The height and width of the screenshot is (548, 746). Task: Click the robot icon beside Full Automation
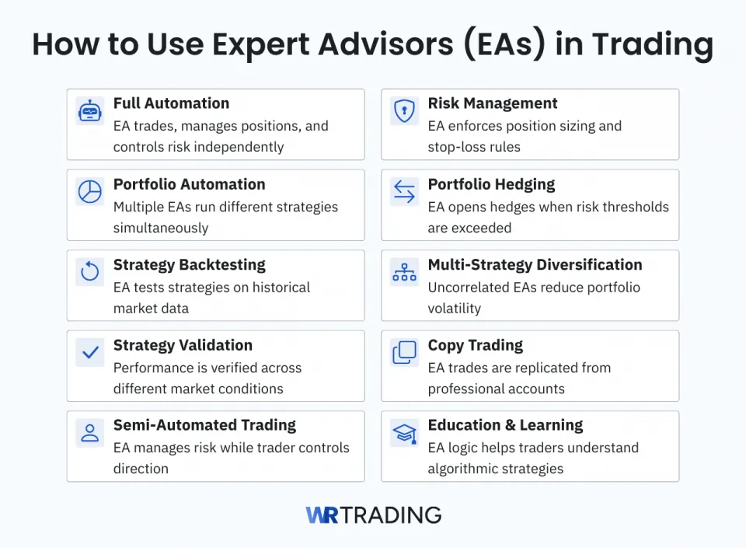point(90,111)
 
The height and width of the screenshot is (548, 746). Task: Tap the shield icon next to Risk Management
point(404,111)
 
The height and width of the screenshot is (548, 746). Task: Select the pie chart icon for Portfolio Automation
point(90,192)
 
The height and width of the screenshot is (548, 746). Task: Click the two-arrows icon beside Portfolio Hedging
point(404,192)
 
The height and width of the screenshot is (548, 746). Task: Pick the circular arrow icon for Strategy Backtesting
point(90,272)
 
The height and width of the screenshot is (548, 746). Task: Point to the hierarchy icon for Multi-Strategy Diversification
point(404,272)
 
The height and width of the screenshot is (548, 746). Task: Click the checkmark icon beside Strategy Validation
point(90,353)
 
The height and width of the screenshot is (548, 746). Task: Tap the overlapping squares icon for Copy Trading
point(404,353)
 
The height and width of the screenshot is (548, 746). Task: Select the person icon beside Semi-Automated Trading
point(90,433)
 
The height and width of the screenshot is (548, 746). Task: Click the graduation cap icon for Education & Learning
point(404,433)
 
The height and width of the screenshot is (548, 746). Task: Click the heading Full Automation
point(171,103)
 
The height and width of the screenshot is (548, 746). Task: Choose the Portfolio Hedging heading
point(491,184)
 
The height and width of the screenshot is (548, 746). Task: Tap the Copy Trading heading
point(475,345)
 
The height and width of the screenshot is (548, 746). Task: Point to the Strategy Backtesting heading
point(189,264)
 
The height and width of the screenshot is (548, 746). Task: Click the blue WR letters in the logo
point(322,515)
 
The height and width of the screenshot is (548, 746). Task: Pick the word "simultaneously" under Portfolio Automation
point(161,228)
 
